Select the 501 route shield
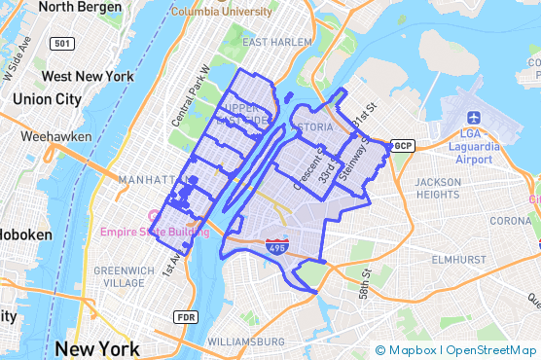63,44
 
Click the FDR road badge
185,317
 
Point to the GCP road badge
402,146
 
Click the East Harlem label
277,43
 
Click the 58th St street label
365,284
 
